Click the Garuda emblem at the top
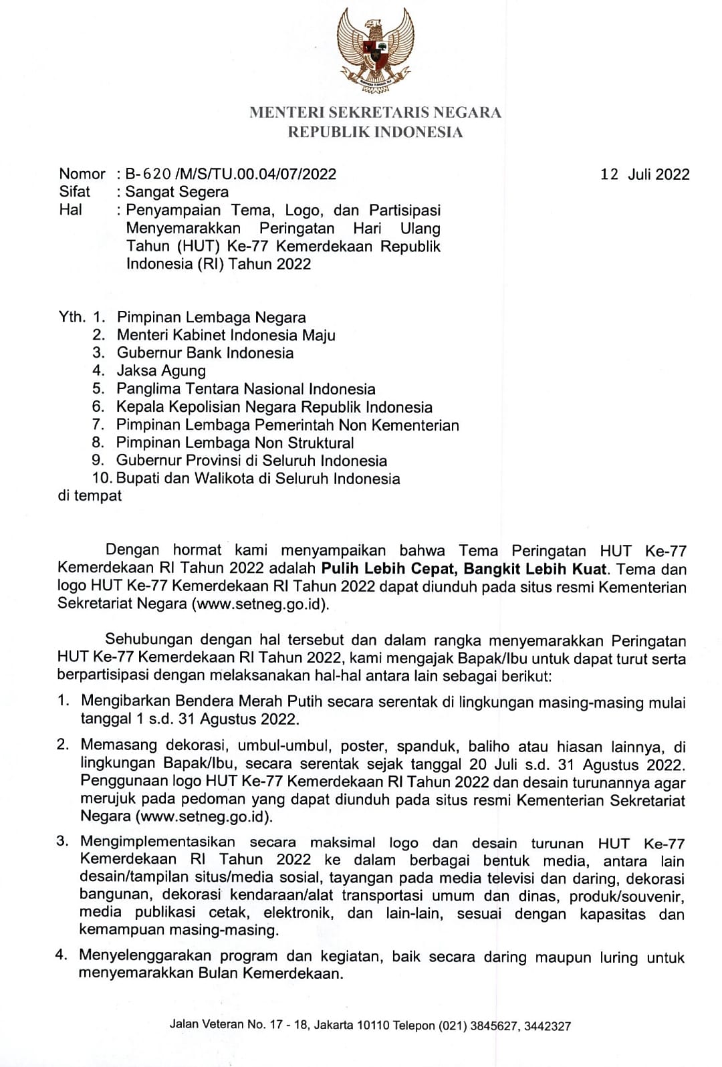pyautogui.click(x=375, y=48)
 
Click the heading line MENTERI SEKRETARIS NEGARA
pyautogui.click(x=375, y=112)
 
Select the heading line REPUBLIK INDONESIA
pyautogui.click(x=375, y=132)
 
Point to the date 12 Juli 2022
pyautogui.click(x=645, y=174)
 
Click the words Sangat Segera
pyautogui.click(x=177, y=192)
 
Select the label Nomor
pyautogui.click(x=82, y=174)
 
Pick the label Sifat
pyautogui.click(x=74, y=192)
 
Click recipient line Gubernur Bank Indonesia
pyautogui.click(x=205, y=353)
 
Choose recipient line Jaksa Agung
pyautogui.click(x=161, y=371)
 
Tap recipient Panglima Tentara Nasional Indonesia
pyautogui.click(x=246, y=389)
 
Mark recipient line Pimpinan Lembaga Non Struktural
pyautogui.click(x=235, y=443)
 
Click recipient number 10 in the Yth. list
pyautogui.click(x=104, y=479)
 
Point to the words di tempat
pyautogui.click(x=90, y=496)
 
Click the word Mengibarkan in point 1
pyautogui.click(x=125, y=701)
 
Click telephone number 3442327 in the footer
pyautogui.click(x=548, y=1026)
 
